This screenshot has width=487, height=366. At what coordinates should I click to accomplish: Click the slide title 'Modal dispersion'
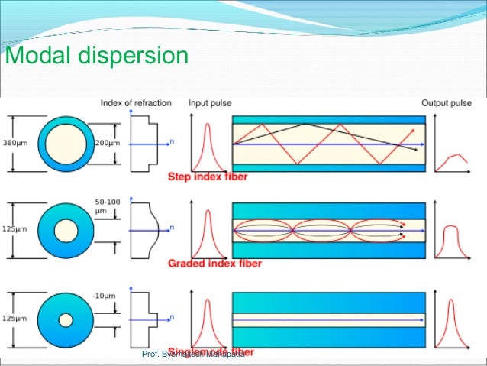(96, 57)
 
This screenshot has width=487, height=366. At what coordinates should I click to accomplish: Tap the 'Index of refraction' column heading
(135, 103)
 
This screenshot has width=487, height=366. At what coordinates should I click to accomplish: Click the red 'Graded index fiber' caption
(214, 264)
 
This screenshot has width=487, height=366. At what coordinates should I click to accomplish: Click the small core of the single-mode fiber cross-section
(66, 318)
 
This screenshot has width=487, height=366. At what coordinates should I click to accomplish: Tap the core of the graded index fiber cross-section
(66, 230)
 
